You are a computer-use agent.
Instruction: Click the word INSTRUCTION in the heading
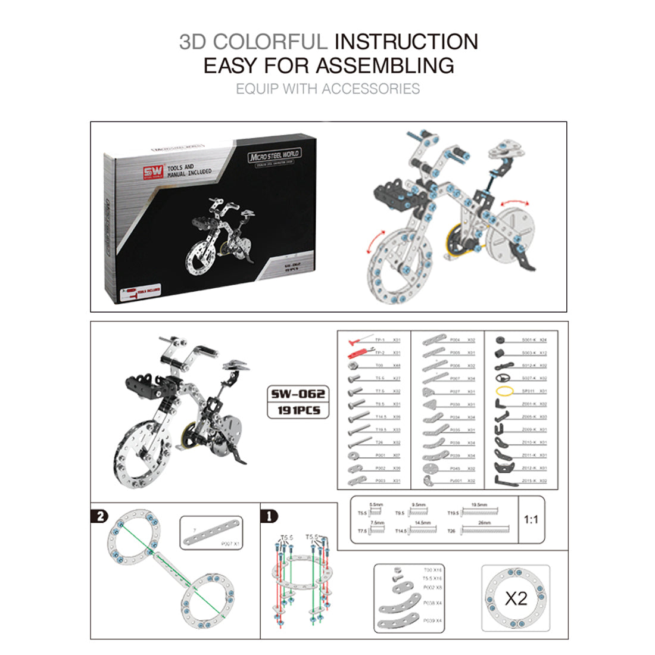pos(406,42)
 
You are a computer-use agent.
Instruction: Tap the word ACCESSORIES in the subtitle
pos(371,89)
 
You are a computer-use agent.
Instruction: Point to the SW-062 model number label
pos(298,394)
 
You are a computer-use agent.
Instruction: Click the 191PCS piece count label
pos(298,410)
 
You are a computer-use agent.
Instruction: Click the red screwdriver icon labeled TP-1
pos(357,340)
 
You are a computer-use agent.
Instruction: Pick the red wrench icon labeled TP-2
pos(357,353)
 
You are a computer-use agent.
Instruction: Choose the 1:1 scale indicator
pos(531,520)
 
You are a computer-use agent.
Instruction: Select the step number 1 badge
pos(270,516)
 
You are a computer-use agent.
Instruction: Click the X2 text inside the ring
pos(516,598)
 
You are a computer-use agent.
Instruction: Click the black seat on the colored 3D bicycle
pos(394,192)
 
